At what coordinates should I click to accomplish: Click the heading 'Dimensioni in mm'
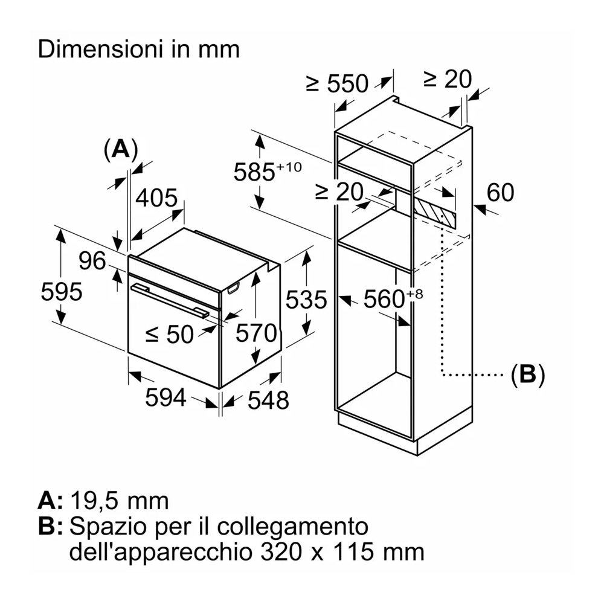(138, 49)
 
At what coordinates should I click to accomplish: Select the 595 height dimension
(61, 292)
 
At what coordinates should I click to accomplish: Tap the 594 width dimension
(165, 397)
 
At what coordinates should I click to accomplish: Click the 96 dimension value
(92, 261)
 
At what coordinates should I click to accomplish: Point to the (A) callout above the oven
(121, 149)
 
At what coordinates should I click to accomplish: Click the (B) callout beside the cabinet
(527, 375)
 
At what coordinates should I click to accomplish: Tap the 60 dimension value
(500, 192)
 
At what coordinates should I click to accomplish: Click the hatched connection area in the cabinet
(435, 211)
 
